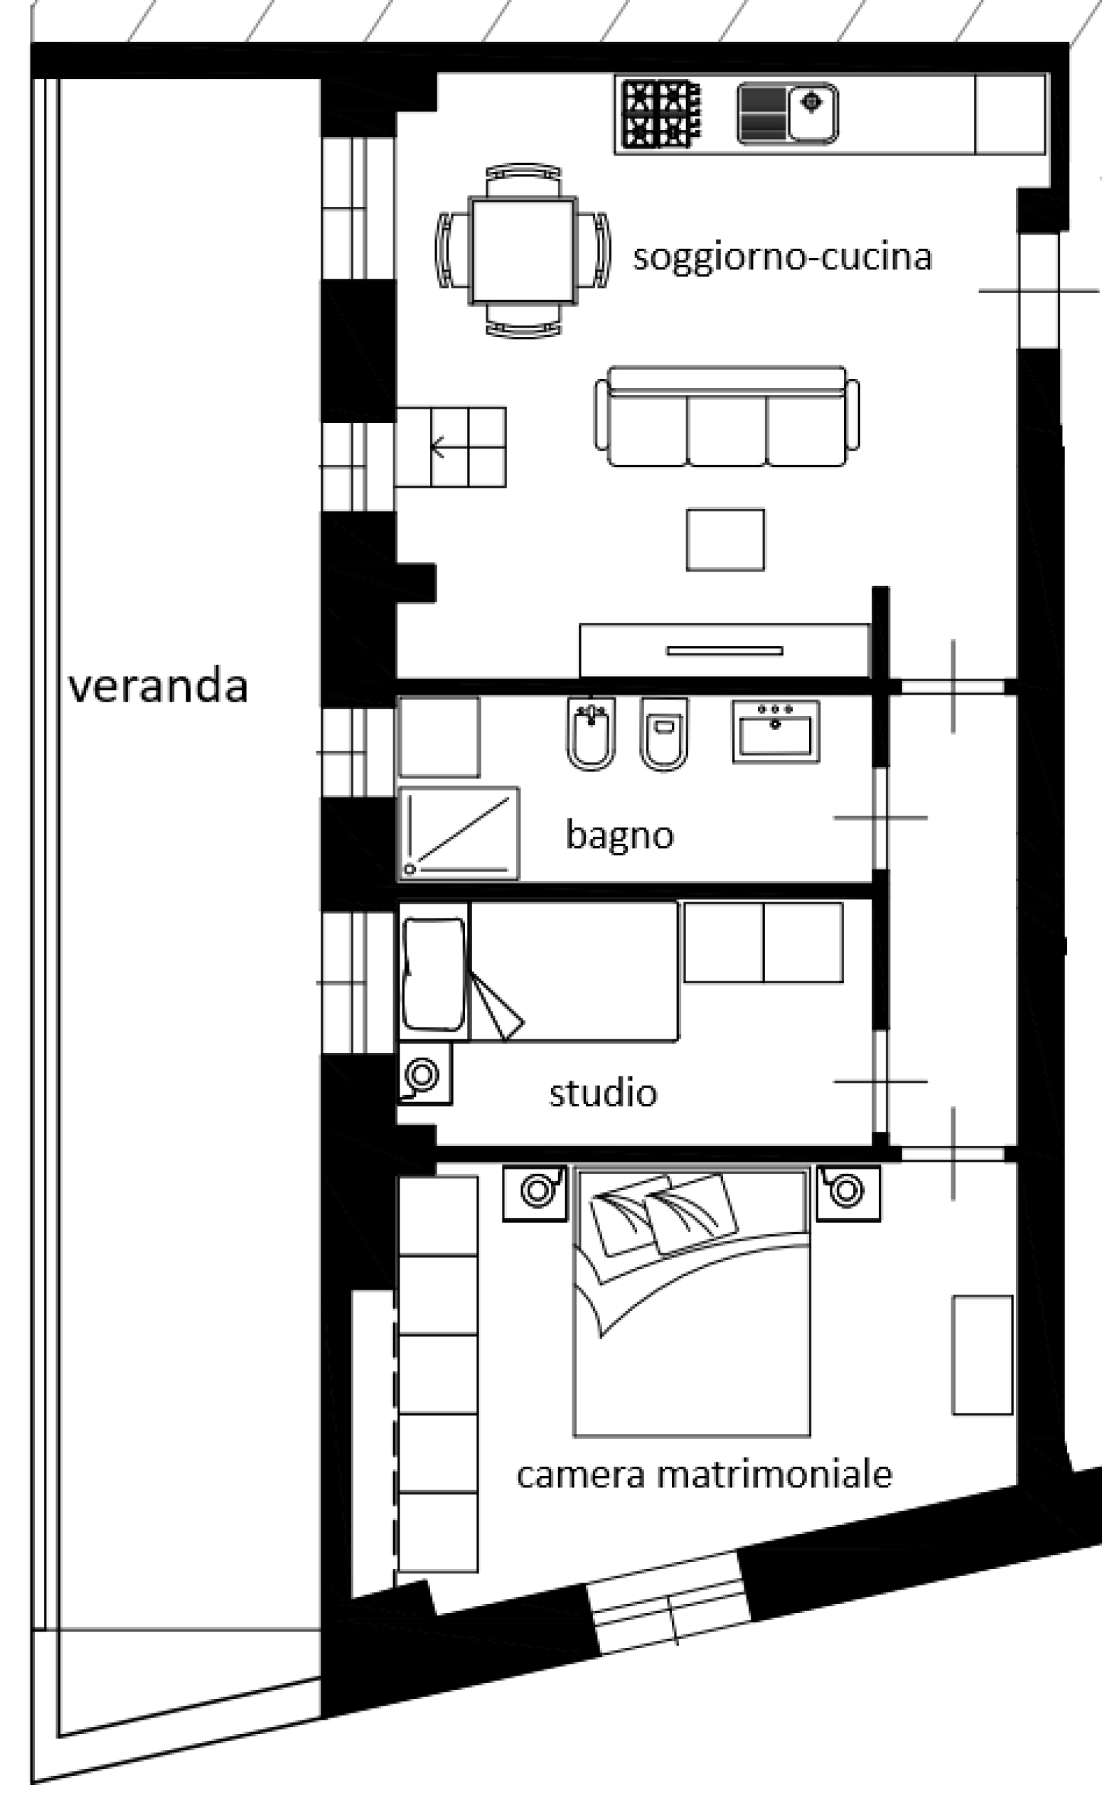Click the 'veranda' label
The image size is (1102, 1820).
157,686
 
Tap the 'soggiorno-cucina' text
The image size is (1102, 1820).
782,257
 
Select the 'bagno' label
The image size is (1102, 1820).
620,835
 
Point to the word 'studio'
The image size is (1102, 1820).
603,1093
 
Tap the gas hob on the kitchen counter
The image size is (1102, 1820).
660,113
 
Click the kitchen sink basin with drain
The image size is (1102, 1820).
812,112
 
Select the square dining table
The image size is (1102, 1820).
523,250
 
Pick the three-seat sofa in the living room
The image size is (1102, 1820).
727,417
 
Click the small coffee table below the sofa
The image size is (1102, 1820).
725,539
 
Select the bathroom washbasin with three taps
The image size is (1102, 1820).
776,732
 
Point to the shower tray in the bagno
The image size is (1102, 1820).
459,833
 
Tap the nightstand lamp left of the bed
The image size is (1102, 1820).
536,1191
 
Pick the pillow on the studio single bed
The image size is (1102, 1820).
434,973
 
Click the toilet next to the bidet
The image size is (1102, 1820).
664,733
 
